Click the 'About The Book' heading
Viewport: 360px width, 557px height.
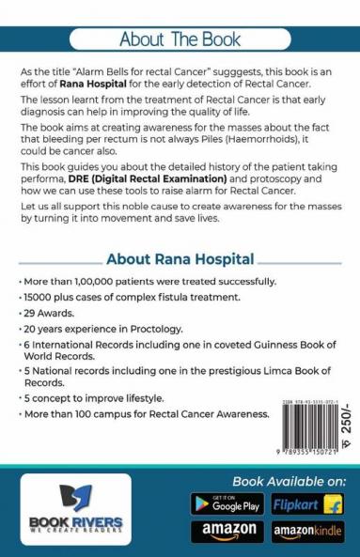pos(180,40)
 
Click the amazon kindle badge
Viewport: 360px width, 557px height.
pos(307,532)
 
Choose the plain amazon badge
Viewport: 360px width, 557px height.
pos(226,532)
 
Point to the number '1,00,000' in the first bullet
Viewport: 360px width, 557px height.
pos(94,282)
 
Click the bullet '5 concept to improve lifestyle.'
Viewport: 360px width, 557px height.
pos(86,410)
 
